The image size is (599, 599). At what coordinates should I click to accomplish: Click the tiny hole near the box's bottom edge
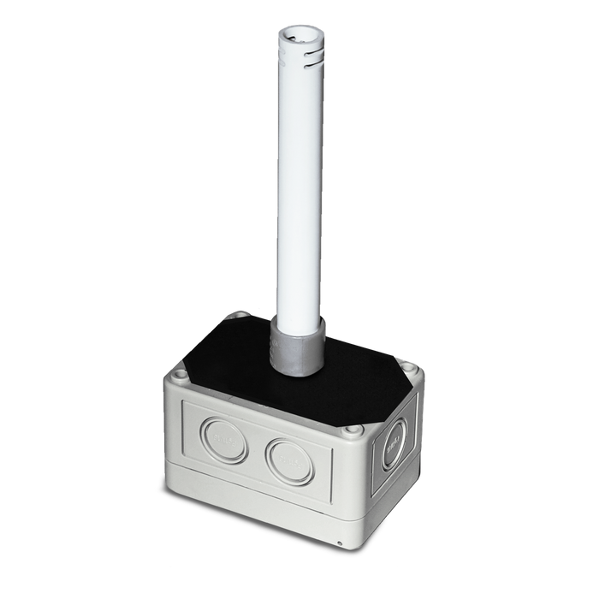click(x=340, y=545)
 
